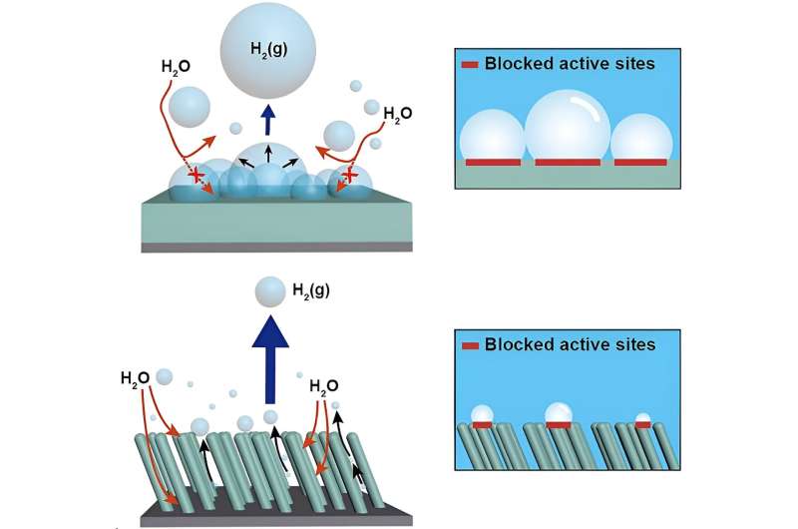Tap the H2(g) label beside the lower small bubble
click(x=310, y=290)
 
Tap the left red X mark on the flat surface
click(x=198, y=176)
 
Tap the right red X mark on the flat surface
click(x=348, y=177)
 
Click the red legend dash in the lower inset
click(x=471, y=345)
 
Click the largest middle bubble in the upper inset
click(x=568, y=124)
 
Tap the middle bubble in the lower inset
click(x=558, y=413)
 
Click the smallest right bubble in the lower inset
click(x=642, y=420)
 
